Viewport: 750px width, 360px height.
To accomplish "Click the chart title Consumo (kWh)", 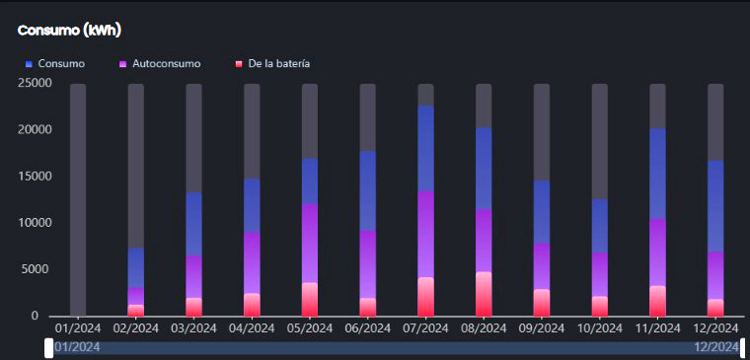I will (69, 31).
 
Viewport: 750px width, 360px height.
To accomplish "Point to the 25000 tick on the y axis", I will (21, 83).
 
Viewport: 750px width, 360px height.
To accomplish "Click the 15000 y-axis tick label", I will (21, 177).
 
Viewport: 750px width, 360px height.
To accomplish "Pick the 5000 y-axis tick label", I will (24, 269).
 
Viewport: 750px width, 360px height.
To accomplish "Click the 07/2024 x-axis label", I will (425, 327).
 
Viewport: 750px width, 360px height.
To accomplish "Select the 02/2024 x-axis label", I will (136, 327).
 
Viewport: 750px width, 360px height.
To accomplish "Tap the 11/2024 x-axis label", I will (657, 327).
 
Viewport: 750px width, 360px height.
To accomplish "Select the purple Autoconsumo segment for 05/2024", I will (310, 243).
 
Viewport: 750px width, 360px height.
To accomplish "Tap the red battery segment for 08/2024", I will (484, 294).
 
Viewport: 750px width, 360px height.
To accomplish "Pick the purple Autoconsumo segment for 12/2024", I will (715, 275).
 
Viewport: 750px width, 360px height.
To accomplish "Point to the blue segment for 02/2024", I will (136, 267).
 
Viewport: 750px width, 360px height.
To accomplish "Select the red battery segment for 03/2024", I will (194, 307).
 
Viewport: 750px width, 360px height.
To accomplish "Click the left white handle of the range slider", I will (49, 347).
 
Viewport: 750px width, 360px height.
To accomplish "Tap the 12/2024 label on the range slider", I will (715, 347).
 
